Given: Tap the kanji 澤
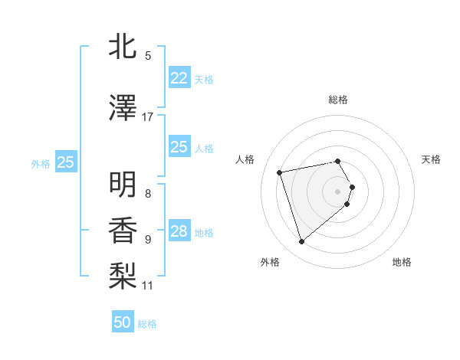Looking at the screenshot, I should point(123,109).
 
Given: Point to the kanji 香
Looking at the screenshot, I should point(123,227).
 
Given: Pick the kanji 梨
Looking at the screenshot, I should point(123,273).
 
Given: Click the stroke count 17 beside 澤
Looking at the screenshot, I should point(148,117).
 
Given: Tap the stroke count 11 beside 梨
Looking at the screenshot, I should point(148,286).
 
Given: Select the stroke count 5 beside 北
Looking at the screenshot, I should point(148,56).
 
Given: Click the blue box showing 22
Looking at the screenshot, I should point(179,78).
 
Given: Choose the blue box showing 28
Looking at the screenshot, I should point(179,231).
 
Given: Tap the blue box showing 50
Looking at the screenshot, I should point(123,322).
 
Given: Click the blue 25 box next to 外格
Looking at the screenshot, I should point(66,162).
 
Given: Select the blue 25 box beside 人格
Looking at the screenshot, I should point(179,147).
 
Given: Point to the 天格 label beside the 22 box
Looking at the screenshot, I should point(204,79).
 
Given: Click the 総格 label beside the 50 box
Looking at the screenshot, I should point(147,324).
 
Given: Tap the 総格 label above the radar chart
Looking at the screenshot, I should point(338,100).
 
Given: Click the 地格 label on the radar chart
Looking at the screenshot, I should point(402,263).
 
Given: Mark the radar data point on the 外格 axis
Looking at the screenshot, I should point(302,242).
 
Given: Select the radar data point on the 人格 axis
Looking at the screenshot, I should point(280,172).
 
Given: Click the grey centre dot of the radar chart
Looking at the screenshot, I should point(338,191).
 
